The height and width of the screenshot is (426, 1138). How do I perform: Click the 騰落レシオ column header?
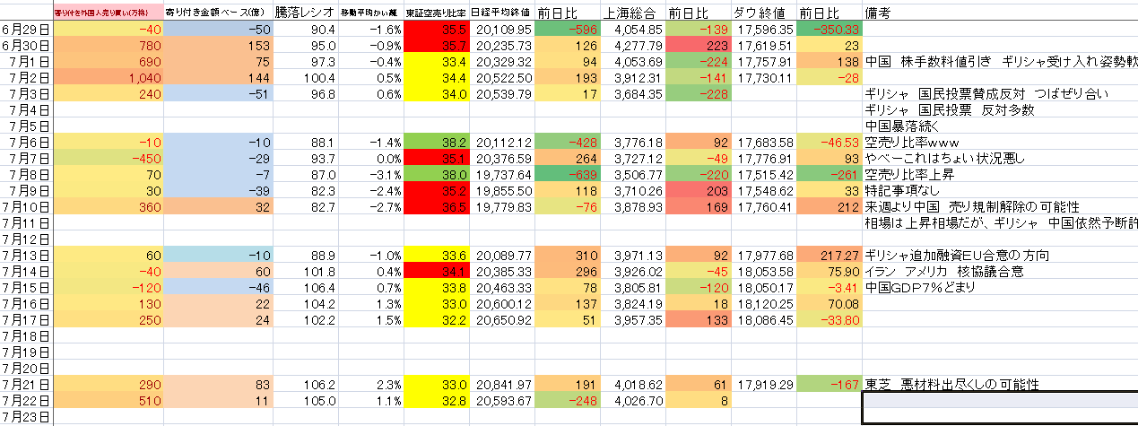pyautogui.click(x=305, y=13)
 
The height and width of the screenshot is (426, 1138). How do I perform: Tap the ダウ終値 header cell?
pyautogui.click(x=760, y=13)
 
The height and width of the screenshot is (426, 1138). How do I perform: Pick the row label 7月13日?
pyautogui.click(x=26, y=255)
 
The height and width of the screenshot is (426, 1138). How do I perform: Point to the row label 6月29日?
pyautogui.click(x=26, y=29)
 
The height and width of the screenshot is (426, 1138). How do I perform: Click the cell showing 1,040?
pyautogui.click(x=108, y=77)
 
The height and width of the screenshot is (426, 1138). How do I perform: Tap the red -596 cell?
pyautogui.click(x=566, y=29)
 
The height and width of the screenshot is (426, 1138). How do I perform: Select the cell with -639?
pyautogui.click(x=566, y=174)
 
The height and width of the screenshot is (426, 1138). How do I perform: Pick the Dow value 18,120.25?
pyautogui.click(x=760, y=303)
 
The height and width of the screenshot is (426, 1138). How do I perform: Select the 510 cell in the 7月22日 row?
pyautogui.click(x=108, y=400)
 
